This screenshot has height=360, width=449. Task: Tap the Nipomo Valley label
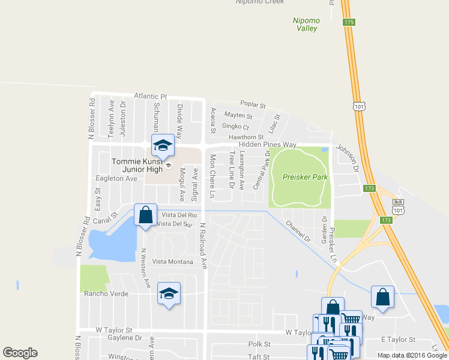click(306, 24)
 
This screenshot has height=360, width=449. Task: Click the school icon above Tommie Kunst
click(163, 145)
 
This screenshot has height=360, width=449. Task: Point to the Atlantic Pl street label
click(150, 96)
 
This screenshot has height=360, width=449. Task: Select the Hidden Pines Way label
click(268, 145)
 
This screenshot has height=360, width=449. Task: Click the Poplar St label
click(253, 104)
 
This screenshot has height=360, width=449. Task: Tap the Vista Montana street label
click(172, 261)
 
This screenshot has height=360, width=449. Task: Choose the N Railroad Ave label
click(203, 246)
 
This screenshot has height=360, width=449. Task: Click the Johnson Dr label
click(346, 157)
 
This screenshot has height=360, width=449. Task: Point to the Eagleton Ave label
click(117, 179)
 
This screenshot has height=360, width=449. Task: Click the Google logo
click(20, 352)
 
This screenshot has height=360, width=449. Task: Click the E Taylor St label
click(398, 340)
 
